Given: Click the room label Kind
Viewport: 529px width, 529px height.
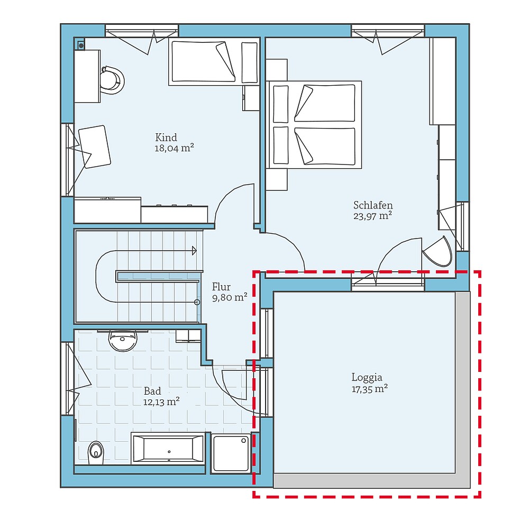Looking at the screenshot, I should point(166,138).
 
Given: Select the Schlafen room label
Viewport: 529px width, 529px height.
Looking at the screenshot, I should point(373,205).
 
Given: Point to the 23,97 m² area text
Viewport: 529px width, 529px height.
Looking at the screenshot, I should point(372,215).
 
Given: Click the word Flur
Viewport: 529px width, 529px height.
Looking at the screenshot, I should point(221,287).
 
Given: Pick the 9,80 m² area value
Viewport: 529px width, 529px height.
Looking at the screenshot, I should point(230,297).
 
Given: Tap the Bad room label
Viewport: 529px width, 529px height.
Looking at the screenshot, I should point(152,391).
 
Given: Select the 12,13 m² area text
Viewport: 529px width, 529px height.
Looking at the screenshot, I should point(161,402).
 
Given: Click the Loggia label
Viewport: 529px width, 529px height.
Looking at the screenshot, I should point(367,377).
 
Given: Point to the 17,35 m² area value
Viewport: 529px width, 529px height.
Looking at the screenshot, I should point(370,388).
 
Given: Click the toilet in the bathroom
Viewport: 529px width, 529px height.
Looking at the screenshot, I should point(96,451).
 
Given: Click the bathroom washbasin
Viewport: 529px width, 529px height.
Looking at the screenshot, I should point(123,341).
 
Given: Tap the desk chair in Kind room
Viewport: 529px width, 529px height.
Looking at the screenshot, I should point(112,80).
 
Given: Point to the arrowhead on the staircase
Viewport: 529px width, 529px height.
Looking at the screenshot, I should point(194,250).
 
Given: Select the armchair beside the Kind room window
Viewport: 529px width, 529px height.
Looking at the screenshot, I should point(95,147).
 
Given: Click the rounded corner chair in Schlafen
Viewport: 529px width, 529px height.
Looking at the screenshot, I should point(437,252).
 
